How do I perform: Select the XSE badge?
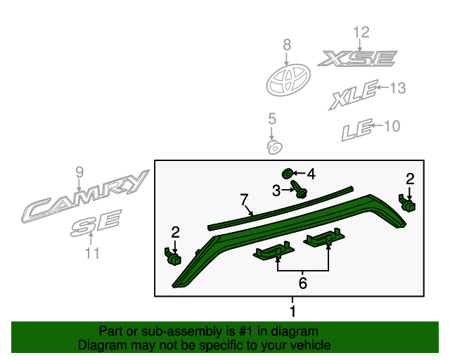coord(356,58)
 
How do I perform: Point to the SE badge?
coord(96,225)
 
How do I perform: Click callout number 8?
coord(287,45)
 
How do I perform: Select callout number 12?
coord(360,32)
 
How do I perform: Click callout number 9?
coord(79,172)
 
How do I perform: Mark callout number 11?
coord(92,254)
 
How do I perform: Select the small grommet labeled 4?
coord(287,174)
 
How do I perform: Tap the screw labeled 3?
coord(300,189)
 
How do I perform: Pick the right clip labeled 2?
coord(407,204)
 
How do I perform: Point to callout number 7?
coord(245,200)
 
